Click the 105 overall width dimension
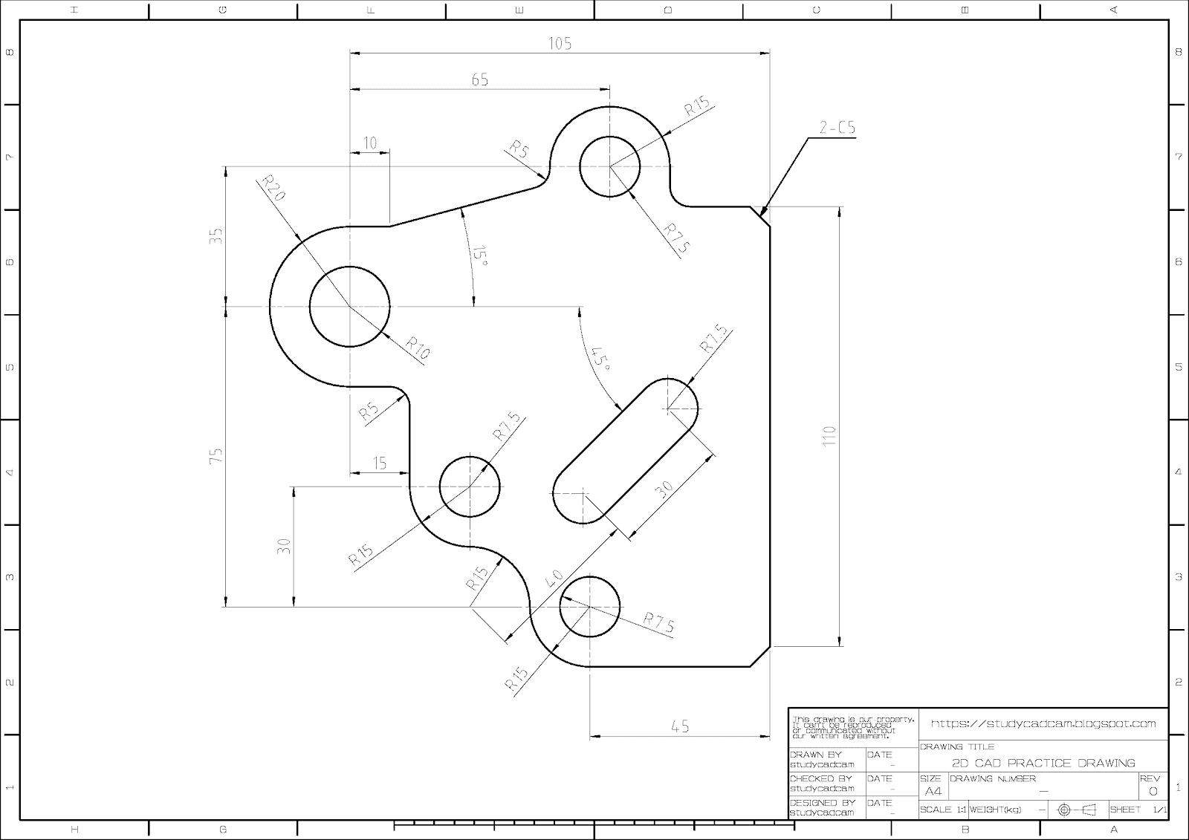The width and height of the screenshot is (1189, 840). pos(560,43)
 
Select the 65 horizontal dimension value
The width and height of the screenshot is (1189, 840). pos(480,79)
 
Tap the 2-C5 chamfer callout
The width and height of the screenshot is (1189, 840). pos(838,128)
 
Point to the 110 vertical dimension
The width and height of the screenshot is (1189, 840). pos(829,435)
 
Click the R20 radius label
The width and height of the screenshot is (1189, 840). pos(273,190)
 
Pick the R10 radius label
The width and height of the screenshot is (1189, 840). pos(418,348)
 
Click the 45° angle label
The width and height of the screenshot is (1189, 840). pos(600,359)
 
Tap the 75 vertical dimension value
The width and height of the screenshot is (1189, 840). pos(216,456)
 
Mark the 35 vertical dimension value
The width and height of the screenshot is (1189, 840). pos(216,236)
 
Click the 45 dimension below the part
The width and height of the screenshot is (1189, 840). pos(680,726)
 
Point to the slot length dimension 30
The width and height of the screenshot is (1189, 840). pos(664,488)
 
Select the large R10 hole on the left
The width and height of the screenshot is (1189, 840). pos(349,306)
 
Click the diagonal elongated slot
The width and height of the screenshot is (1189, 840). pos(625,451)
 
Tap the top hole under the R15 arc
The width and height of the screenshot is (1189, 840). pos(609,166)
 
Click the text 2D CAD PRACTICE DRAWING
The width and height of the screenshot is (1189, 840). pos(1043,763)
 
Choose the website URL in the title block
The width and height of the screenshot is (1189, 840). pos(1043,723)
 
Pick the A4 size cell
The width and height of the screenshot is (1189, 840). pos(932,791)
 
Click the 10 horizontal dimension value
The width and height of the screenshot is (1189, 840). pos(369,143)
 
